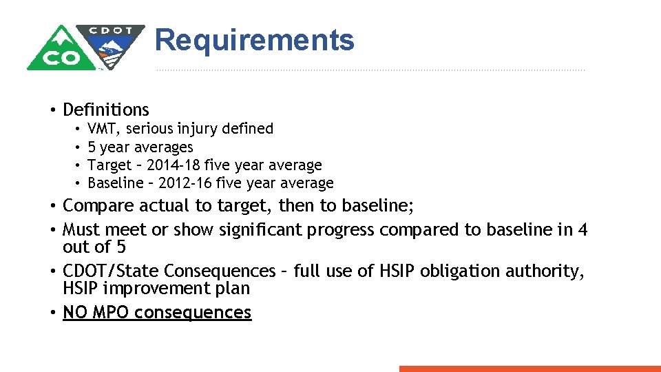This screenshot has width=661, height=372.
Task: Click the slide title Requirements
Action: click(254, 41)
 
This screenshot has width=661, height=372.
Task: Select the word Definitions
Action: click(105, 110)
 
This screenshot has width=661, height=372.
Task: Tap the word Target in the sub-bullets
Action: click(109, 165)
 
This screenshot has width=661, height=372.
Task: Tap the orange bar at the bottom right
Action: click(529, 369)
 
